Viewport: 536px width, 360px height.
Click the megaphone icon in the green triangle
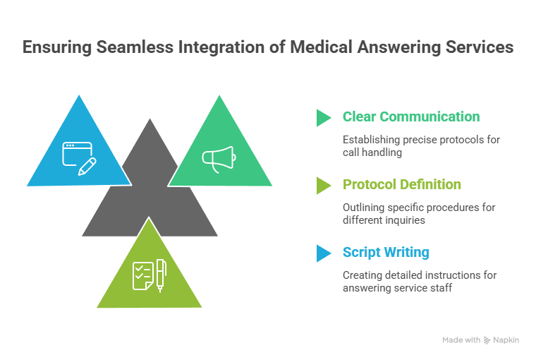tap(219, 158)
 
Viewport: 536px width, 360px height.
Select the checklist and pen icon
tap(149, 275)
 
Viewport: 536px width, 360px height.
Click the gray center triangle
tap(150, 205)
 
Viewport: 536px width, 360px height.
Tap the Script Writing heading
tap(385, 252)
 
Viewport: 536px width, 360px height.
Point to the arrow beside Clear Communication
tap(323, 117)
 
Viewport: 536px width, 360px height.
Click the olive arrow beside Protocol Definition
tap(323, 185)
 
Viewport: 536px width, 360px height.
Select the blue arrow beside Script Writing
tap(323, 253)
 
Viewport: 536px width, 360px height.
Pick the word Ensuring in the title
tap(54, 49)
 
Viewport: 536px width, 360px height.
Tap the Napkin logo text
tap(506, 340)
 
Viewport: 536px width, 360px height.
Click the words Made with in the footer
tap(461, 340)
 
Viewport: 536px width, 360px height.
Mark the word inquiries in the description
tap(403, 220)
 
